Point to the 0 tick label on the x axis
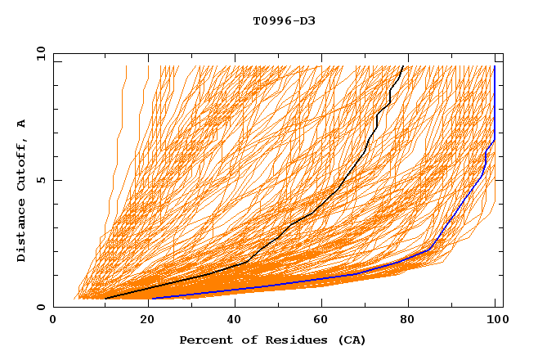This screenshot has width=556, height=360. point(54,321)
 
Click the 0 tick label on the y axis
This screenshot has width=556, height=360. point(40,308)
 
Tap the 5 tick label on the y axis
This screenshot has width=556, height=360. point(40,180)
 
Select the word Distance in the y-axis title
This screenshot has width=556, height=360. point(22,232)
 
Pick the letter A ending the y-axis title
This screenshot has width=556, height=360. point(22,124)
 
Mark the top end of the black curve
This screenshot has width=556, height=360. point(403,66)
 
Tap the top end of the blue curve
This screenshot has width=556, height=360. point(495,66)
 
